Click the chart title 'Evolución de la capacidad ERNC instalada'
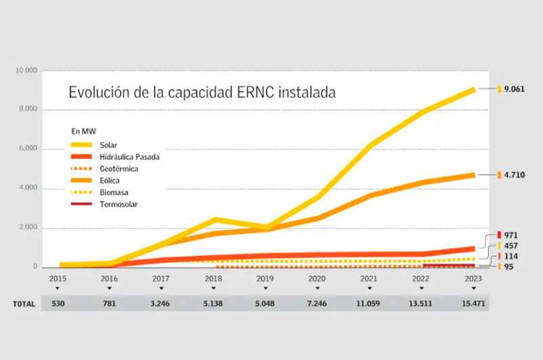click(202, 92)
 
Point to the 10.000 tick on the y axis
click(25, 71)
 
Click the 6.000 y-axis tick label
click(27, 149)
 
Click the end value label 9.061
click(515, 89)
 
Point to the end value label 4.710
click(515, 175)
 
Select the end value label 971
click(511, 235)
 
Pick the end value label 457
click(511, 246)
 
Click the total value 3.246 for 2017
click(160, 304)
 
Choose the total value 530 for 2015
click(57, 304)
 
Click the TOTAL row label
click(24, 304)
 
